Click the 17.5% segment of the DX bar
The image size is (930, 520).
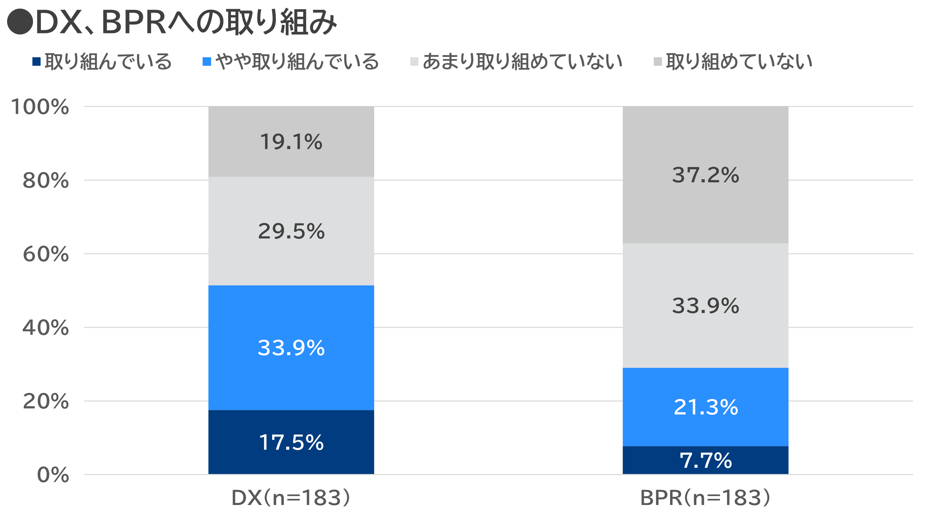click(291, 442)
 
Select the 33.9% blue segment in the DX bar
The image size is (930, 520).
click(291, 348)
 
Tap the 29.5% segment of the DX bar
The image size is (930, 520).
click(291, 231)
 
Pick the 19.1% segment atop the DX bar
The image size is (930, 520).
click(291, 141)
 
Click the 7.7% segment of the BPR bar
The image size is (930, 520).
click(706, 460)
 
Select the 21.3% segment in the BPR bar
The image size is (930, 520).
click(706, 407)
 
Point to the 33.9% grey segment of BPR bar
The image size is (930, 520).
click(706, 305)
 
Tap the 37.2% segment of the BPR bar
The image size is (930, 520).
click(706, 175)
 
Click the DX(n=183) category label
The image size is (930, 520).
click(291, 498)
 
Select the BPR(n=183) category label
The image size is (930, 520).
click(705, 498)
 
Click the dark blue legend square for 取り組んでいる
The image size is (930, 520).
click(36, 62)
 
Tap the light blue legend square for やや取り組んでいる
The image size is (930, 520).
click(207, 62)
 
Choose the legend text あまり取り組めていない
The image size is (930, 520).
click(522, 62)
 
